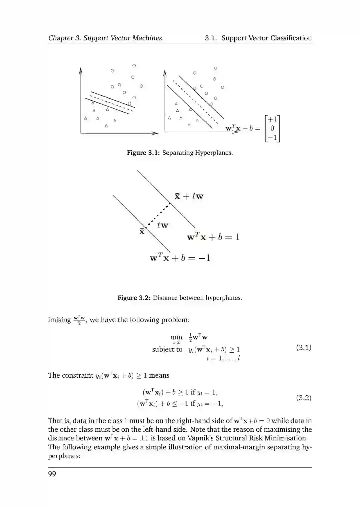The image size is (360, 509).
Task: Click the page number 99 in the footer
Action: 52,474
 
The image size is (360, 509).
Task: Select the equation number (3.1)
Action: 304,348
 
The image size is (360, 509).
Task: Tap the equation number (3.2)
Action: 304,398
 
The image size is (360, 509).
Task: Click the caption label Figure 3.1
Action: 143,153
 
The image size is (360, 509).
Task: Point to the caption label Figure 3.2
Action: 134,298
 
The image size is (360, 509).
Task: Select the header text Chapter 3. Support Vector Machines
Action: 105,38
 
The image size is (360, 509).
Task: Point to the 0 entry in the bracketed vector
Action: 272,128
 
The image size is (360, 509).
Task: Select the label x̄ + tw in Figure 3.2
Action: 189,196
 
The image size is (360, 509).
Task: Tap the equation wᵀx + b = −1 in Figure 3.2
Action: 180,258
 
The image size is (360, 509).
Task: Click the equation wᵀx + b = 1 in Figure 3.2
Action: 213,237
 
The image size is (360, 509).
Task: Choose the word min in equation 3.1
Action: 176,337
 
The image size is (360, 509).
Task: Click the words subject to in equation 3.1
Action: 167,349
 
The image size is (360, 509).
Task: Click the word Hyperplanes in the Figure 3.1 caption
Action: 214,153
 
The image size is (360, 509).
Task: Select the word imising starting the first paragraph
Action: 59,320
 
